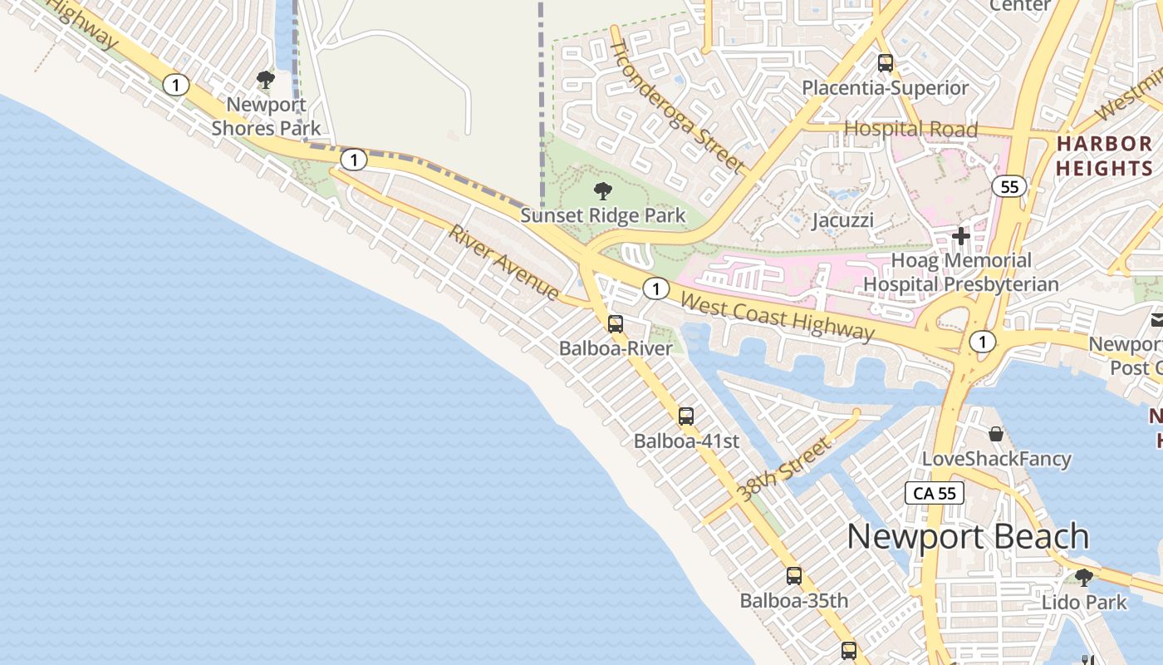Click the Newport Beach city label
click(x=968, y=537)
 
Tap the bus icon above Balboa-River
click(x=615, y=324)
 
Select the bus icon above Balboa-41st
click(x=686, y=416)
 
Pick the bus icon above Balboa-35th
click(x=794, y=575)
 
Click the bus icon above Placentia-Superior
click(x=886, y=62)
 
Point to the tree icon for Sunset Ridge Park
click(x=603, y=191)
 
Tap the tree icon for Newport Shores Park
click(x=266, y=80)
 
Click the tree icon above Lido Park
click(x=1083, y=577)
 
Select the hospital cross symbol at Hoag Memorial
click(x=961, y=236)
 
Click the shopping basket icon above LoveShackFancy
click(x=996, y=434)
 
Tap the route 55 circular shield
click(x=1009, y=186)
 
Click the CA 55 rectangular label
click(x=935, y=493)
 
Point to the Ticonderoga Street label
click(x=676, y=105)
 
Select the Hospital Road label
click(x=910, y=129)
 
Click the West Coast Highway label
click(x=777, y=316)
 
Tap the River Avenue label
click(x=504, y=262)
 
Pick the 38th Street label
click(x=784, y=470)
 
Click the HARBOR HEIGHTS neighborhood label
click(x=1104, y=155)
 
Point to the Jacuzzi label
click(x=842, y=220)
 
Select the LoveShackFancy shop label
click(x=996, y=459)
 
